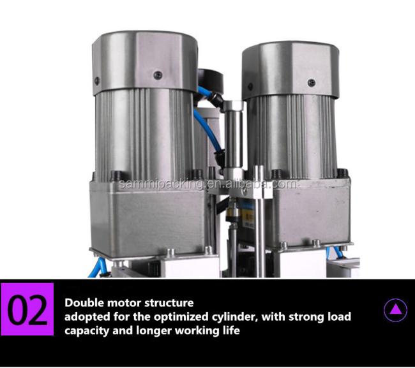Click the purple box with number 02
(x=27, y=309)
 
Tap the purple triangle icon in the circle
(x=396, y=309)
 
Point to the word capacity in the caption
(x=87, y=331)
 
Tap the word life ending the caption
(x=231, y=330)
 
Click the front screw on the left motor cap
(x=158, y=75)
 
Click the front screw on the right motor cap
(x=312, y=83)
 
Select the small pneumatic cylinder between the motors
(x=233, y=138)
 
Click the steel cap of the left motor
(x=145, y=63)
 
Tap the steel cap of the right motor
(x=290, y=70)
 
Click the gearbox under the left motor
(x=148, y=217)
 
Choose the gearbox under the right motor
(x=310, y=212)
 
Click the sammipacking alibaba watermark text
(x=208, y=184)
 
